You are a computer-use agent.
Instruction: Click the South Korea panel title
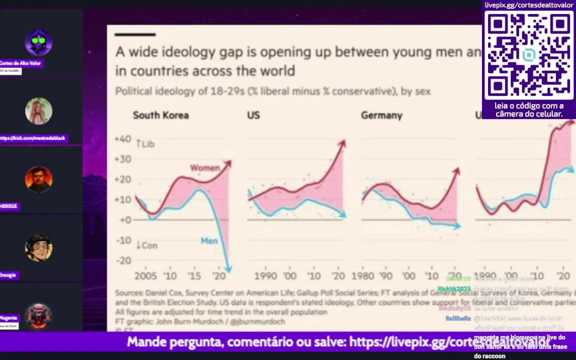click(x=160, y=115)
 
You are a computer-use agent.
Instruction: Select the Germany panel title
click(x=381, y=115)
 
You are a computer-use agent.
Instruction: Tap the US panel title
click(x=253, y=115)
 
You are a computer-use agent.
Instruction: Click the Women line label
click(x=204, y=168)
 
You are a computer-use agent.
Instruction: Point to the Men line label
click(x=209, y=241)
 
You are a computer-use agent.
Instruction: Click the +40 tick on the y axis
click(x=122, y=139)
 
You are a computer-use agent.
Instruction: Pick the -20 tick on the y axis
click(x=123, y=260)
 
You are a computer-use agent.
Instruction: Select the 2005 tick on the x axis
click(x=145, y=276)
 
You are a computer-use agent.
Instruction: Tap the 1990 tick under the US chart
click(x=265, y=276)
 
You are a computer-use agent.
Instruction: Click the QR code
click(x=528, y=55)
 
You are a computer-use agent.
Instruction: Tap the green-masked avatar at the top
click(x=38, y=42)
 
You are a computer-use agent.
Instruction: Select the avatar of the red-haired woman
click(x=38, y=111)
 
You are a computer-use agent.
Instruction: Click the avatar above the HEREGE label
click(x=38, y=179)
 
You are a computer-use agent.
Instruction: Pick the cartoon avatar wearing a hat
click(x=38, y=247)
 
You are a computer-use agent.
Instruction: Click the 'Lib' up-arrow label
click(x=145, y=144)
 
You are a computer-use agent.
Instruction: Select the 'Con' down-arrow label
click(x=146, y=245)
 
